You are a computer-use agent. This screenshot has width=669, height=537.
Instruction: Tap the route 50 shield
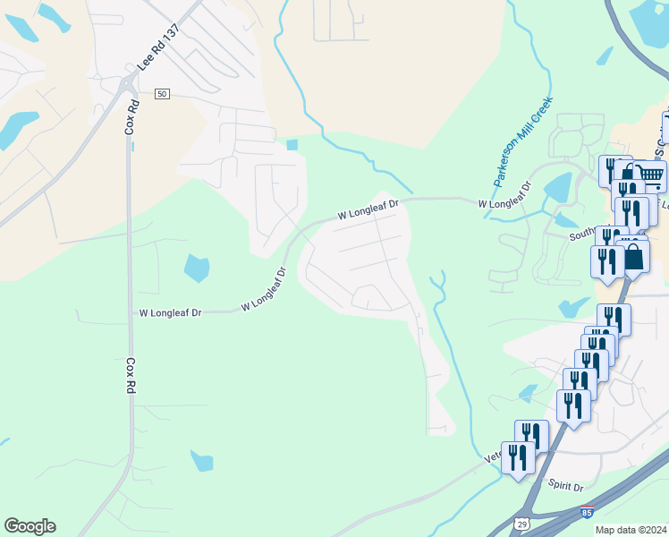[x=162, y=94]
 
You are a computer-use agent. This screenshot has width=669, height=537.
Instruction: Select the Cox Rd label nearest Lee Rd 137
[x=131, y=115]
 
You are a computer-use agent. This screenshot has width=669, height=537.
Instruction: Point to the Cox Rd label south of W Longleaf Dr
[x=131, y=378]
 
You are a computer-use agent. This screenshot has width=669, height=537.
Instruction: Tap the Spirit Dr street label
[x=565, y=486]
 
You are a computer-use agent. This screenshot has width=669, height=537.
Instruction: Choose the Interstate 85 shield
[x=586, y=513]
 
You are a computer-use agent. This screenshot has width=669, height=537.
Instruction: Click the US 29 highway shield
[x=522, y=522]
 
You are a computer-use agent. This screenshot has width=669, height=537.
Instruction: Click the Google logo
[x=30, y=526]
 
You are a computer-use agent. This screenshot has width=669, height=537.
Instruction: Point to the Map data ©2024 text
[x=630, y=530]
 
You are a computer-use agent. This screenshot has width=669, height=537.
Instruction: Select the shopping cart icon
[x=650, y=175]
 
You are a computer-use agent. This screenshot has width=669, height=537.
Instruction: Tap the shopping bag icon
[x=632, y=256]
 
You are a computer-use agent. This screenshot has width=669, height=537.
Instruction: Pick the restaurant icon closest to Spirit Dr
[x=518, y=456]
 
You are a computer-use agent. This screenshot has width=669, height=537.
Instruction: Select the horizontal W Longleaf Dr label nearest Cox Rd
[x=171, y=313]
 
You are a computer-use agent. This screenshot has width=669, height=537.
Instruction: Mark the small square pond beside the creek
[x=292, y=145]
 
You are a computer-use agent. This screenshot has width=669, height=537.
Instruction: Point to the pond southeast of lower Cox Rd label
[x=202, y=461]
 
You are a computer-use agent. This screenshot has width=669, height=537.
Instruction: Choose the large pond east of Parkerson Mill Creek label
[x=557, y=187]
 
